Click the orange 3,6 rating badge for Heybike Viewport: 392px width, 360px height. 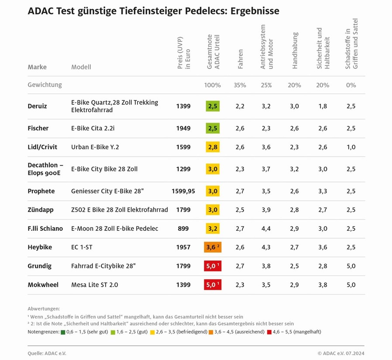213,247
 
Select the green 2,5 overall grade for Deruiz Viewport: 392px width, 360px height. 213,106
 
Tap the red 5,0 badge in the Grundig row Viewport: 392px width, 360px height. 213,266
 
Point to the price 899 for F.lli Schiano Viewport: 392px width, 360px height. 183,228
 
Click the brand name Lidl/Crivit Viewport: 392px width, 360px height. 42,147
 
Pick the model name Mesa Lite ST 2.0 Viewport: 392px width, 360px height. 95,285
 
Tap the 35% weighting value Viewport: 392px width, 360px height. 240,85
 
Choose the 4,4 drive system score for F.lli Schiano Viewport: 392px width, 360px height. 265,228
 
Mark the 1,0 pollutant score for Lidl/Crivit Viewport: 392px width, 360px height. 351,147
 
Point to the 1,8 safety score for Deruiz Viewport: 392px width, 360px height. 323,106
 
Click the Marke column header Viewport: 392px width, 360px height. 37,67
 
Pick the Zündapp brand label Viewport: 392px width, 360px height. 41,210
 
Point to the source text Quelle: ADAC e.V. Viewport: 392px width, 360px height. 47,353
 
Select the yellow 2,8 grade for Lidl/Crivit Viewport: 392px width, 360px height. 213,147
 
